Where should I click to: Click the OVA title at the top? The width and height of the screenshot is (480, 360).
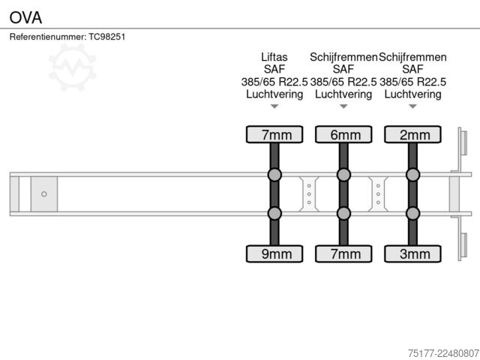tap(25, 17)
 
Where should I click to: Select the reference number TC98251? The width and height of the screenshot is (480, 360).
tap(107, 37)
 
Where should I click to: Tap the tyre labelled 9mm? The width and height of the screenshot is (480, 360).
tap(274, 253)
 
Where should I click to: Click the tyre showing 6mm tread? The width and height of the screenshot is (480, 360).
tap(343, 134)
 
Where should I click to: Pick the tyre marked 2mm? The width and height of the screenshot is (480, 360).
tap(413, 134)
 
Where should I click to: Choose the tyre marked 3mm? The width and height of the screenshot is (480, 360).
tap(413, 253)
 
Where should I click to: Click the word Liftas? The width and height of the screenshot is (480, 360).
tap(274, 57)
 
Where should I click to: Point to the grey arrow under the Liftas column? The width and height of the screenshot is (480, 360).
tap(274, 106)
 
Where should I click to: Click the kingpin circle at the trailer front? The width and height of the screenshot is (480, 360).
tap(44, 194)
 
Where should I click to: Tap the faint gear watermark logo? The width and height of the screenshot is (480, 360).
tap(73, 67)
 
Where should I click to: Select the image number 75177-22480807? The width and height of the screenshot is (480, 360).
tap(443, 353)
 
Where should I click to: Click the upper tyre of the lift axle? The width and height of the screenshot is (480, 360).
tap(274, 134)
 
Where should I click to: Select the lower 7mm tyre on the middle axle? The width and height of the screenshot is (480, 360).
tap(343, 253)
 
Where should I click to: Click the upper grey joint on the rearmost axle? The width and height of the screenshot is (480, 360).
tap(413, 175)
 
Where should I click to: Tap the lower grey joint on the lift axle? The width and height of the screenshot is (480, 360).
tap(274, 213)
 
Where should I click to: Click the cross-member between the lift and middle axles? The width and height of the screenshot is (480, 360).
tap(309, 194)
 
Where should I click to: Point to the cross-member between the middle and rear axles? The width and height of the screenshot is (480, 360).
tap(378, 194)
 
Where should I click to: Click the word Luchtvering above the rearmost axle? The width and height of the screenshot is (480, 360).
tap(413, 94)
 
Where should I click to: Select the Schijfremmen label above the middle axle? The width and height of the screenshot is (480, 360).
tap(343, 57)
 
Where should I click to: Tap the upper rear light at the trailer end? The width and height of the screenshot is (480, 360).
tap(463, 143)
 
